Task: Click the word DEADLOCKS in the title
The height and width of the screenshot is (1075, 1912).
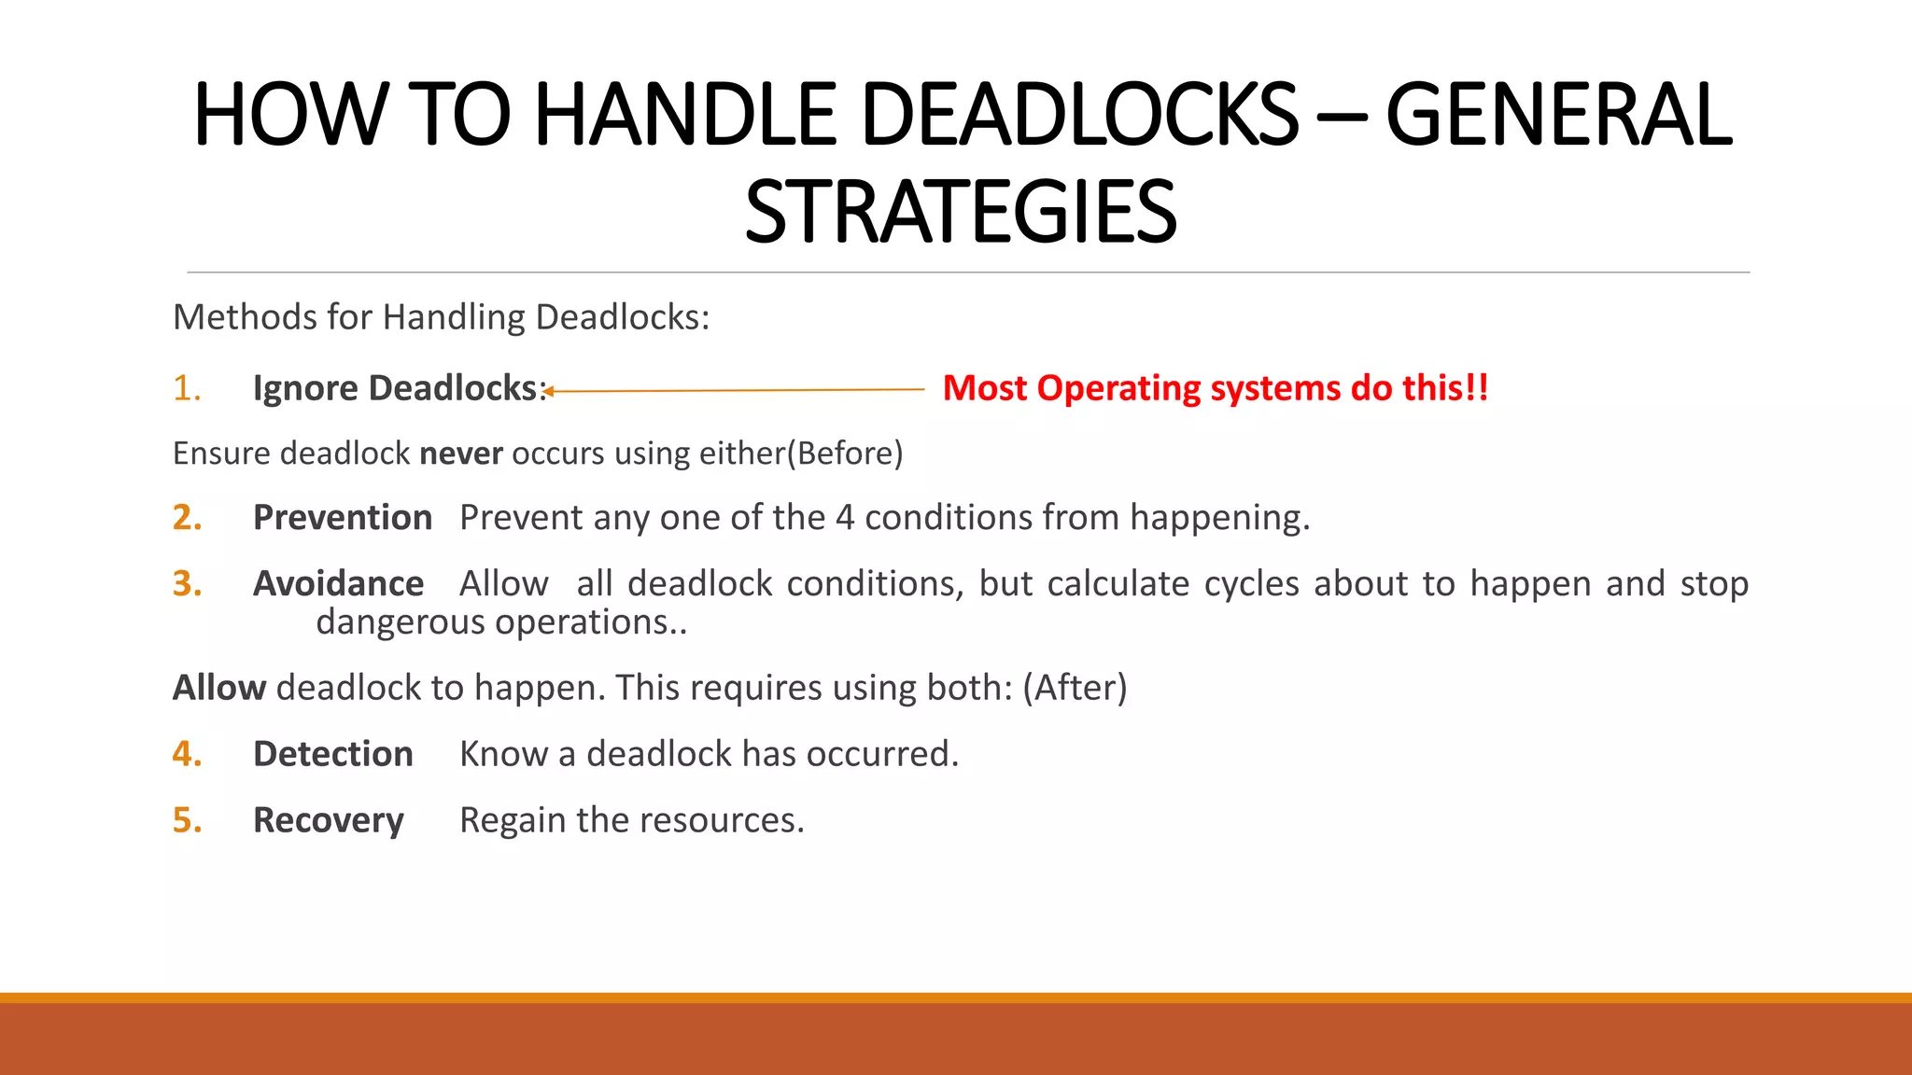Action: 1079,115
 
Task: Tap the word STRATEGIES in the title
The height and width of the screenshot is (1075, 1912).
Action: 961,214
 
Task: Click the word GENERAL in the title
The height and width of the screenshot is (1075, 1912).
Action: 1559,115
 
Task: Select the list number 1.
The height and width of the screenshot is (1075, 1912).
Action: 186,388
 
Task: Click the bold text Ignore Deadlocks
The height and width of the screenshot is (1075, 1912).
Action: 397,388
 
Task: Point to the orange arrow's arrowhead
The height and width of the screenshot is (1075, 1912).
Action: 550,391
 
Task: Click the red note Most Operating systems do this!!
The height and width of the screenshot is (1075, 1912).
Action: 1216,388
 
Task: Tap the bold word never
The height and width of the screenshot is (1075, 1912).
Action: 461,454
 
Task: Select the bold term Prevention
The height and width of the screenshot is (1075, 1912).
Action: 343,518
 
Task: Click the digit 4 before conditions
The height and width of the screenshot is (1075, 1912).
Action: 845,518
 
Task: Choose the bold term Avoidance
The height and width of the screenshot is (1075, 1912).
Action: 338,584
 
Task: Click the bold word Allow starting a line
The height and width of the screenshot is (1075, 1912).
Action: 219,688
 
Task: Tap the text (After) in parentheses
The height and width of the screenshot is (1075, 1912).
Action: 1075,688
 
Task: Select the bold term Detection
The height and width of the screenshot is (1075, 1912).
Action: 332,754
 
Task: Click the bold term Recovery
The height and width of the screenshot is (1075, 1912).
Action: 329,820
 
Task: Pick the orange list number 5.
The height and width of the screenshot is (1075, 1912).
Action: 186,820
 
